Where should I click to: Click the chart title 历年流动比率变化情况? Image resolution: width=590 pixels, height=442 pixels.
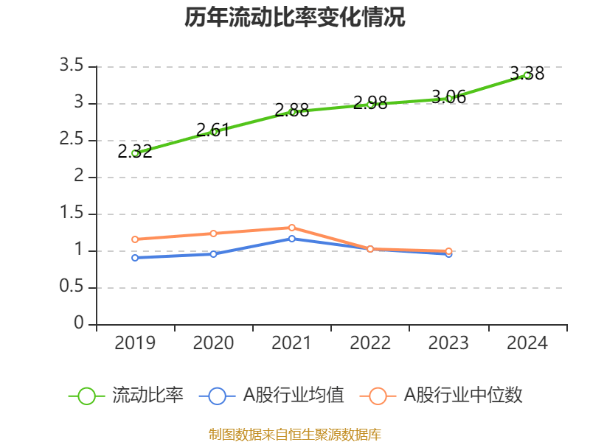pyautogui.click(x=295, y=18)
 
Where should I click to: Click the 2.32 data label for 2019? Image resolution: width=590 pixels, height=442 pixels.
pyautogui.click(x=135, y=152)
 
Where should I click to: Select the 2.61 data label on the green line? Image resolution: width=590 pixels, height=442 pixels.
pyautogui.click(x=213, y=130)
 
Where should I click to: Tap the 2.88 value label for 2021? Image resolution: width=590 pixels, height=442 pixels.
pyautogui.click(x=291, y=110)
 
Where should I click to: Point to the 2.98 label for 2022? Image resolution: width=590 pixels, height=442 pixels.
pyautogui.click(x=370, y=103)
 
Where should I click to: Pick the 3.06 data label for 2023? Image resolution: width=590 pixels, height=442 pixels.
pyautogui.click(x=448, y=97)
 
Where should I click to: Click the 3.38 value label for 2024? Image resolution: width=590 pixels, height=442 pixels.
pyautogui.click(x=527, y=74)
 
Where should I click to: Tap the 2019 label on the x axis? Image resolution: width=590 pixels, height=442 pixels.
pyautogui.click(x=135, y=343)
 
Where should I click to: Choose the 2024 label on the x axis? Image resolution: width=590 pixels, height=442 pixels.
pyautogui.click(x=527, y=343)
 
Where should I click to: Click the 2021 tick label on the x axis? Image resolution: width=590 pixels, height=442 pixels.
pyautogui.click(x=291, y=343)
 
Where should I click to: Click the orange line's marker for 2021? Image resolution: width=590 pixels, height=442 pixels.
pyautogui.click(x=292, y=228)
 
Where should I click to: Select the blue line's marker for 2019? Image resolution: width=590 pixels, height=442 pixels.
pyautogui.click(x=135, y=258)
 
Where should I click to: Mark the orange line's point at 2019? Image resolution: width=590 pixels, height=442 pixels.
pyautogui.click(x=135, y=239)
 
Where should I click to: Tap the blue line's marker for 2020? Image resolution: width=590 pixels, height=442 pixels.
pyautogui.click(x=213, y=254)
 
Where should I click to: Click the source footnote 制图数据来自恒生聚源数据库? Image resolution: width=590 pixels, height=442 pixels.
pyautogui.click(x=295, y=434)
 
